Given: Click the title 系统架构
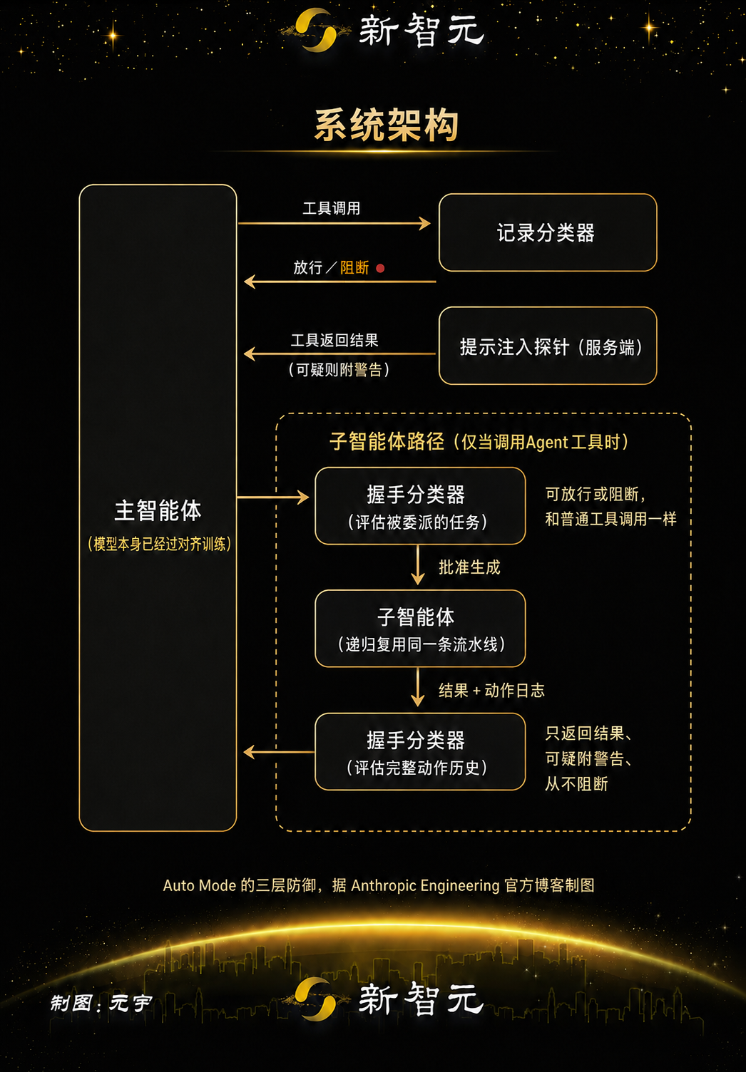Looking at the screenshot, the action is [x=387, y=125].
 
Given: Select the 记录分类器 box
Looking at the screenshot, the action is [x=548, y=232].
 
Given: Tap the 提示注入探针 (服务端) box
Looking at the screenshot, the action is [x=548, y=346].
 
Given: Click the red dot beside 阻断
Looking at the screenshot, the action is [x=380, y=268].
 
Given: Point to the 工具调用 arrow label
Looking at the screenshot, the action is [x=332, y=208].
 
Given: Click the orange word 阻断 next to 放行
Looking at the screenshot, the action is [x=354, y=267].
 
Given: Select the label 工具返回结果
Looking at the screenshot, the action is [x=334, y=340].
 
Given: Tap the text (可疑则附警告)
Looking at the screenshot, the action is [x=339, y=369].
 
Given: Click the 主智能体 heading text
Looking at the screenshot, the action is [x=158, y=510].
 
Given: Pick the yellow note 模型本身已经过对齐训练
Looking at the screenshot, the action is [x=160, y=544].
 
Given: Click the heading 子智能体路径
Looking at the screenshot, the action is [x=387, y=442].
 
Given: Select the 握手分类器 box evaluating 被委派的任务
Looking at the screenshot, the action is [x=420, y=506].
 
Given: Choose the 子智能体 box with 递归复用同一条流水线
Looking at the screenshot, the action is [x=420, y=629].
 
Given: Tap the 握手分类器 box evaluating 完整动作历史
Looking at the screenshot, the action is [x=420, y=752].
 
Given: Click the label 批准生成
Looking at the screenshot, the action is [x=469, y=567].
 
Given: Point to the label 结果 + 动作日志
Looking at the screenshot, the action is [x=492, y=690].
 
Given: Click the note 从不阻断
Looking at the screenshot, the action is [x=576, y=784].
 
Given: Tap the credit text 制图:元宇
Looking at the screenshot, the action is [x=101, y=1003].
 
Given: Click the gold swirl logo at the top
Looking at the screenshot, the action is [x=315, y=30].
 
